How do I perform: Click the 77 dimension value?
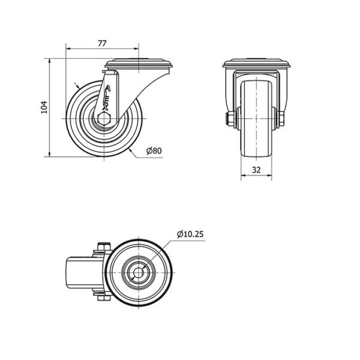(x=102, y=43)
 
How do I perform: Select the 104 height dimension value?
(x=44, y=107)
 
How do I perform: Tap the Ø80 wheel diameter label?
(x=154, y=151)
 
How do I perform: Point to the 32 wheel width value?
(x=256, y=170)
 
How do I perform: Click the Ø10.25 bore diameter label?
(x=190, y=234)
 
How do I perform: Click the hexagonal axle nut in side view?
(x=104, y=118)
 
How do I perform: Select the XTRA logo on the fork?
(x=107, y=98)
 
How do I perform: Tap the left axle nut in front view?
(x=230, y=119)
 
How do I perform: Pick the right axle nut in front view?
(x=281, y=119)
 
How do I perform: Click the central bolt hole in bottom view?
(x=139, y=272)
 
